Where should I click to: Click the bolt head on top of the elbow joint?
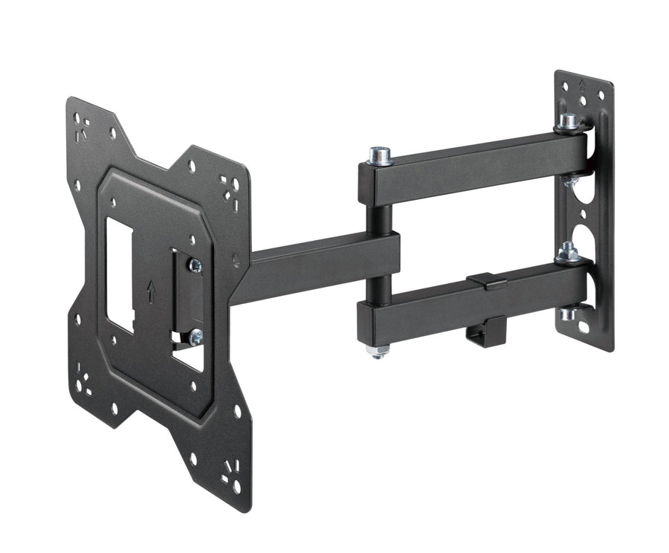pyautogui.click(x=380, y=155)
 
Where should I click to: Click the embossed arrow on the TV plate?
pyautogui.click(x=152, y=292)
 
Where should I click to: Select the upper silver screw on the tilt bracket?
pyautogui.click(x=195, y=265)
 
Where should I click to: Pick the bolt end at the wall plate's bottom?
pyautogui.click(x=569, y=314)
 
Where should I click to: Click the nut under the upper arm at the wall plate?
pyautogui.click(x=570, y=180)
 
